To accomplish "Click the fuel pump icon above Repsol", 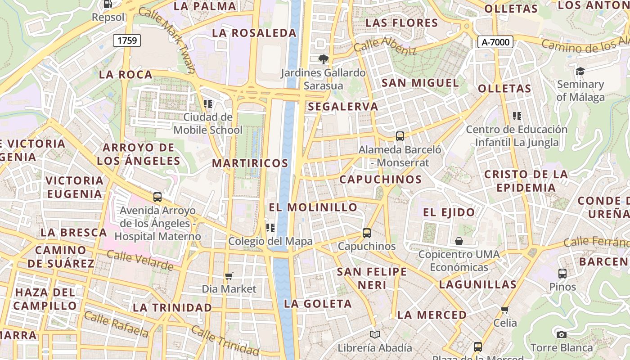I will click(108, 4).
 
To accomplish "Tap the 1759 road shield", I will click(127, 40).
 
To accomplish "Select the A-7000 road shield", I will click(495, 42).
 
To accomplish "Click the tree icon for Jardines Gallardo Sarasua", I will click(323, 59).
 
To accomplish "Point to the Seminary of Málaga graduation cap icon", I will click(580, 71).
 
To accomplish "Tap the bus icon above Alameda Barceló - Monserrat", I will click(400, 136).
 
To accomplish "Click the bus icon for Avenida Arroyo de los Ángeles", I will click(157, 197).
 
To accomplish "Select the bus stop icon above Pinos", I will click(562, 273).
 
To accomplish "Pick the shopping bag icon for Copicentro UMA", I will click(459, 241).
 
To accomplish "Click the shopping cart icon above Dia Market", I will click(229, 275).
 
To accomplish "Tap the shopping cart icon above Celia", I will click(505, 310).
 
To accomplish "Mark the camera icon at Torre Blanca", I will click(561, 334).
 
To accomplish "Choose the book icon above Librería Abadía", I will click(375, 334).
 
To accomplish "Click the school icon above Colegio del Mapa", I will click(270, 228).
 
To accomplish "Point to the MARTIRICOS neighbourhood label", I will click(250, 163).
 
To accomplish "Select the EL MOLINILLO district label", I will click(313, 207).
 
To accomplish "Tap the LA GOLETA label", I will click(318, 304).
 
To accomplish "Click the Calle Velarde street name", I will click(140, 261).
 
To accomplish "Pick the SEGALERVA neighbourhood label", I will click(343, 107).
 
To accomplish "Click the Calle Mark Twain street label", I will click(167, 40).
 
